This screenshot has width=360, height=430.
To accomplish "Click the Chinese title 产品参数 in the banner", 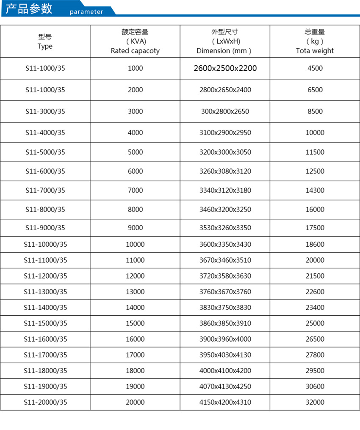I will point(29,8).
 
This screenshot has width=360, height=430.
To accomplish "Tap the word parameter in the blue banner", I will point(86,12).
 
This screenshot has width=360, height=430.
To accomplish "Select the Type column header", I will point(45,42).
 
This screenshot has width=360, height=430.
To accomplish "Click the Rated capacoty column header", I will point(135,41).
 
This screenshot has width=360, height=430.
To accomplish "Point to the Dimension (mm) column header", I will point(225,41).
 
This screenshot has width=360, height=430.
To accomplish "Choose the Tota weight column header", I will point(315,41).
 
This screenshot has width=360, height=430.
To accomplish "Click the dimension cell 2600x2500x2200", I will point(225,68).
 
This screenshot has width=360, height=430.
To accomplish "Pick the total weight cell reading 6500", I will point(315,90).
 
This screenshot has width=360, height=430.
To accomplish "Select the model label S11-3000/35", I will point(45,112).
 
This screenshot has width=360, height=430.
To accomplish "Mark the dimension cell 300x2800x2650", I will point(225,112).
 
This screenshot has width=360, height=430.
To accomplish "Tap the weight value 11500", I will point(315,152).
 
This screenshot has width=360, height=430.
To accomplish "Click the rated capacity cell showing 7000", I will point(135,190).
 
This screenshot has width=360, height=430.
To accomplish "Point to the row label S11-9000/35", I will point(45,228).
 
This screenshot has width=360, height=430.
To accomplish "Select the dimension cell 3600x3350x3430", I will point(225,245).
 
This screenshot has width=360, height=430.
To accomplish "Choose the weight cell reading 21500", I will point(315,276).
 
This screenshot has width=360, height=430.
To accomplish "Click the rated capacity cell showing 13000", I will point(135,292).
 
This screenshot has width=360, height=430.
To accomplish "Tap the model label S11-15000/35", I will point(45,323).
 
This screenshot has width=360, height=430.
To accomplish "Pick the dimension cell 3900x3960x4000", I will point(225,339).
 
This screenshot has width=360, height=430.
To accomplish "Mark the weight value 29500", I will point(315,371).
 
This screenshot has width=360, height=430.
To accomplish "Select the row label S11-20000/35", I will point(45,402).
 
